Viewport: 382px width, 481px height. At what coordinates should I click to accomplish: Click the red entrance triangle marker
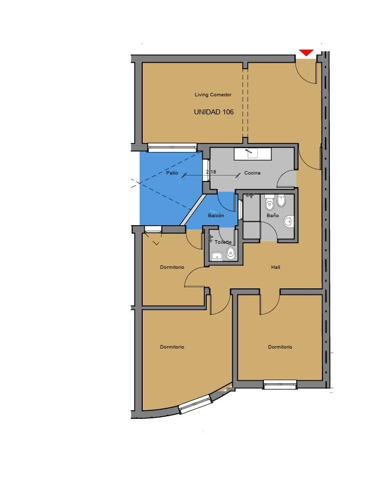coord(306,53)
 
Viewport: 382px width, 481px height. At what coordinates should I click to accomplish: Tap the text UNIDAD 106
coord(214,112)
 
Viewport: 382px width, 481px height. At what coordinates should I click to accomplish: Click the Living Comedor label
coord(213,94)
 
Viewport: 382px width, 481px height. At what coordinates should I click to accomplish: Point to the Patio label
coord(172,173)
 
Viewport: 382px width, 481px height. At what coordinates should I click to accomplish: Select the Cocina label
coord(252,173)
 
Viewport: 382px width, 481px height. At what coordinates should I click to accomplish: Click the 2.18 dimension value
coord(211,172)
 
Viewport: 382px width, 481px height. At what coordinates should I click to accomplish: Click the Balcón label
coord(216,215)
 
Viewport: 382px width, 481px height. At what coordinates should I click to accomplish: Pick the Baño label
coord(272,215)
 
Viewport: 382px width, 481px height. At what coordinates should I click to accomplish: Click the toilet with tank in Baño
coord(269,202)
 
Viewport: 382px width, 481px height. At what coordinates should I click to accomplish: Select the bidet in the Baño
coord(281,201)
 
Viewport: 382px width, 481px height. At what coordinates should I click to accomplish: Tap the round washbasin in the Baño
coord(288,221)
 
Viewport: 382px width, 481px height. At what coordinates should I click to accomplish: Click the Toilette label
coord(223,242)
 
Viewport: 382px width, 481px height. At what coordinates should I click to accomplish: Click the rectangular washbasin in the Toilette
coord(217,255)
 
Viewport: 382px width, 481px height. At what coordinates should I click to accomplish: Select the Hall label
coord(275,267)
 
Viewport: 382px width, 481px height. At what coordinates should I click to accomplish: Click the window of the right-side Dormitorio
coord(280,385)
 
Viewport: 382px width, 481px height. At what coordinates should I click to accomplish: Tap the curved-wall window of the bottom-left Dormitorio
coord(195,404)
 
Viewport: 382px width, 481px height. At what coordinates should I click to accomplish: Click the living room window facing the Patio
coord(172,147)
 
